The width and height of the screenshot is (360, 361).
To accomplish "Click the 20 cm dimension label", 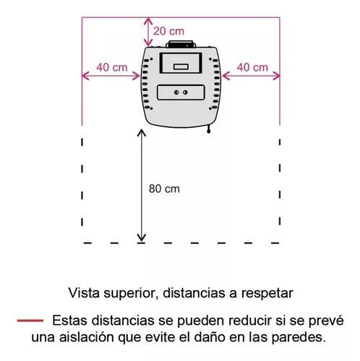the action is (x=168, y=31).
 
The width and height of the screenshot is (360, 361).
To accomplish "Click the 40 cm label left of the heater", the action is (x=112, y=67).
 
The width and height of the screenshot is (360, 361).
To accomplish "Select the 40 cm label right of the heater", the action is (x=252, y=67).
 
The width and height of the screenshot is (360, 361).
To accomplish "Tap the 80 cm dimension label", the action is (x=164, y=188).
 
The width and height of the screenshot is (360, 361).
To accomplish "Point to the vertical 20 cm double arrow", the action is (x=148, y=32).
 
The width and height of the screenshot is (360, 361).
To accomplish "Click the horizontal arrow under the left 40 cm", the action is (x=111, y=76).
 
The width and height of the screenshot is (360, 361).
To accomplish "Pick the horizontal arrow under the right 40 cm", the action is (x=251, y=76).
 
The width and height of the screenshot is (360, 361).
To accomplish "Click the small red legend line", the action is (x=30, y=321).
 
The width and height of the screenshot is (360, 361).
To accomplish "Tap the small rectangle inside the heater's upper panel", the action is (x=181, y=66).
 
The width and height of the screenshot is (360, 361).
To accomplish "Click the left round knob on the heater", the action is (x=176, y=92).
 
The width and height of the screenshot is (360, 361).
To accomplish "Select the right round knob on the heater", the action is (x=185, y=92).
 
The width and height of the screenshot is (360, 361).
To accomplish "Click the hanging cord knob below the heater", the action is (x=209, y=131).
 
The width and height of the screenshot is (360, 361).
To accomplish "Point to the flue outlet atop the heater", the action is (x=181, y=44).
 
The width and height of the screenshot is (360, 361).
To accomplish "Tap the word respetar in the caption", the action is (x=267, y=294).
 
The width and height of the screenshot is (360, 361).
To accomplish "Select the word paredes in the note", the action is (x=299, y=337).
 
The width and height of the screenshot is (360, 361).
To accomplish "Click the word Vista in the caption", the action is (x=84, y=293).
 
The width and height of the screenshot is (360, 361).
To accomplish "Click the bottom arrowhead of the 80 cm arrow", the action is (x=142, y=238).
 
